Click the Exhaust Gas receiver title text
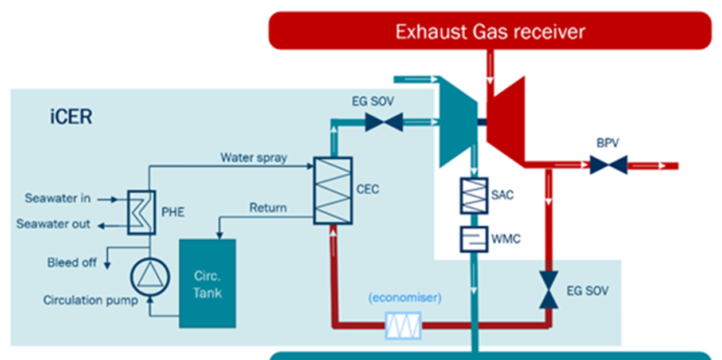point(490,32)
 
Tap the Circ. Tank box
point(207,283)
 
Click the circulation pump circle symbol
point(150,277)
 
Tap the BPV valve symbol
point(608,166)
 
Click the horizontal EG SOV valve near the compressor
point(384,122)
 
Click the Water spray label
point(253,157)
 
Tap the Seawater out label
point(53,224)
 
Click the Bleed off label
point(72,263)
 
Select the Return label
point(268,208)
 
